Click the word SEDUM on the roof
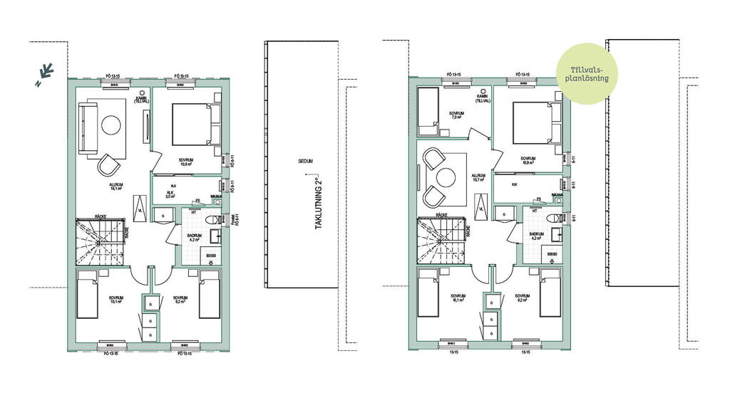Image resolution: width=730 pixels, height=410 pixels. coord(307,162)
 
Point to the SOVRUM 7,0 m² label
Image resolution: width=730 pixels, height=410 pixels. coord(457,115)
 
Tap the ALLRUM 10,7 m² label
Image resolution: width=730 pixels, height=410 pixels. coord(478,178)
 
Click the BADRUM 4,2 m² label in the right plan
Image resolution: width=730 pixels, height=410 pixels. coord(537,237)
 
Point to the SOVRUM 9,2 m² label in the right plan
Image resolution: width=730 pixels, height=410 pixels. coord(521,298)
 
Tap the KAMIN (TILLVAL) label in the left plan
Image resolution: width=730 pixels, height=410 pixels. coord(141,98)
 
